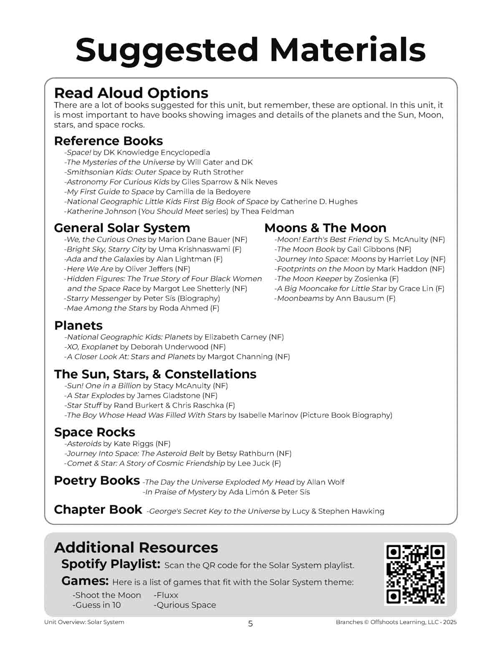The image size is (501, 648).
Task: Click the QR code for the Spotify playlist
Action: [x=415, y=574]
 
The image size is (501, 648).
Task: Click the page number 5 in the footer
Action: [x=250, y=624]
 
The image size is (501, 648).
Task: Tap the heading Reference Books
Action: [x=108, y=141]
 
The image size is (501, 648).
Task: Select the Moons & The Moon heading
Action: [x=325, y=228]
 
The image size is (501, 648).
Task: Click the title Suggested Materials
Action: [x=250, y=50]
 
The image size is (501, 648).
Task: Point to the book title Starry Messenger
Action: [x=99, y=298]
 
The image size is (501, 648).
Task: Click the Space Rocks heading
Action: [x=94, y=432]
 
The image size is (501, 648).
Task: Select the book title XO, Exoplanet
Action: [x=92, y=347]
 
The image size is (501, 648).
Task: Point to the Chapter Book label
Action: [x=98, y=509]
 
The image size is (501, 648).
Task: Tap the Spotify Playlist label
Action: [x=111, y=564]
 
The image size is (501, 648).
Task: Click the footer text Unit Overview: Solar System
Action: [x=84, y=622]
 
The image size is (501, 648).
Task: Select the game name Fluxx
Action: [x=167, y=595]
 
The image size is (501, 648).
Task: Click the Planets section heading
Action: [x=78, y=325]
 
